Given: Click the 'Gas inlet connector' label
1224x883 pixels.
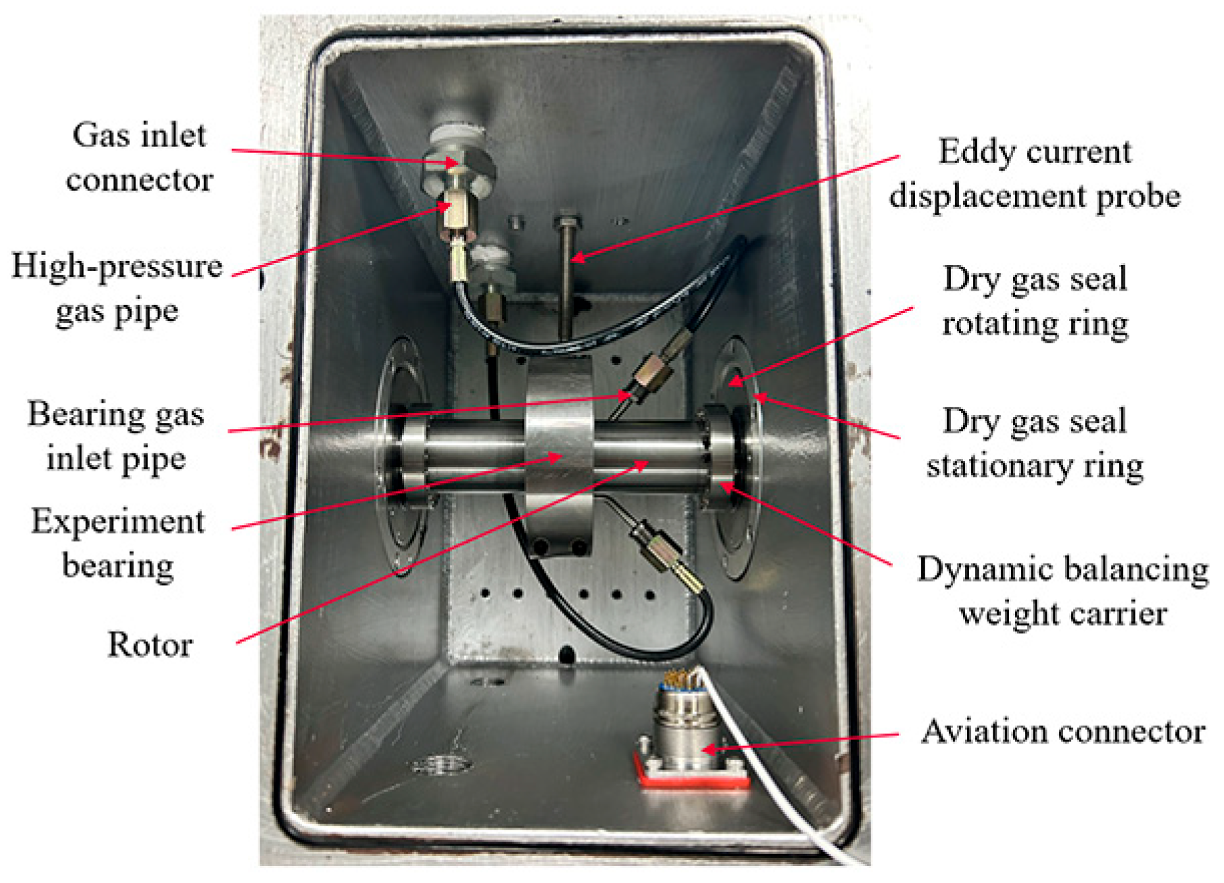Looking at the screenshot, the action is [x=139, y=157].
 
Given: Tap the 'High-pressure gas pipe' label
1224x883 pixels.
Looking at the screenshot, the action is [x=117, y=288].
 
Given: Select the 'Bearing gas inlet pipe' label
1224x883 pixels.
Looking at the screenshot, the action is [x=115, y=436].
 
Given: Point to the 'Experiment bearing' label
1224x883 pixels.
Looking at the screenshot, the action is [x=118, y=544].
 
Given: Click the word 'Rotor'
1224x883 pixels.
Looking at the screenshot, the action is [x=150, y=644].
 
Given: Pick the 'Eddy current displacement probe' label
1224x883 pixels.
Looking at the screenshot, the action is [x=1034, y=174].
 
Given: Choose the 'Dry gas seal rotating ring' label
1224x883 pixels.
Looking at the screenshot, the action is [x=1035, y=301].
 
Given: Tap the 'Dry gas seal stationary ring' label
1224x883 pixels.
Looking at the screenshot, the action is [x=1035, y=443].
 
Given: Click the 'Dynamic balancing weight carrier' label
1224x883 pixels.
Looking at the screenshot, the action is [x=1063, y=591].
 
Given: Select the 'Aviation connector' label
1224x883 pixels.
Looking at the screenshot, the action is [x=1063, y=731].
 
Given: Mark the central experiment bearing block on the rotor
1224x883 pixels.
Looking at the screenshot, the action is [x=559, y=448].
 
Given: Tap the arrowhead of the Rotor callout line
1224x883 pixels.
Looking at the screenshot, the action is [x=645, y=464].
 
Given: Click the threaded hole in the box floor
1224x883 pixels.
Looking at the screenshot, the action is [x=442, y=765].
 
